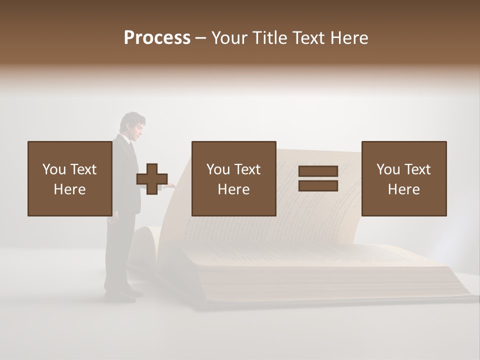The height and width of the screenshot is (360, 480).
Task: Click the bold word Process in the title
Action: coord(157,37)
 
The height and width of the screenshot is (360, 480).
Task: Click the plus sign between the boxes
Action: coord(152,179)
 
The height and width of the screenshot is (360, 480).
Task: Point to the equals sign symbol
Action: coord(318,178)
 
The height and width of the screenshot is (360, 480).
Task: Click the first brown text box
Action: coord(69,178)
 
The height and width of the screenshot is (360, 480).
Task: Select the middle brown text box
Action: coord(233,178)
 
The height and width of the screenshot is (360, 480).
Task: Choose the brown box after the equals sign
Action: coord(403,178)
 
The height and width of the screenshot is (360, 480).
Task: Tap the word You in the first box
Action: coord(53,169)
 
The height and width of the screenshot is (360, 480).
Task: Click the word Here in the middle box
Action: coord(233,189)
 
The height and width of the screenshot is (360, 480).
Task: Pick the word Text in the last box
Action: coord(417,169)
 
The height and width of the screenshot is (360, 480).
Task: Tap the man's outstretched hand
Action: coord(170,185)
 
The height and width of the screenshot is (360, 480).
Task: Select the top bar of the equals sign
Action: coord(318,171)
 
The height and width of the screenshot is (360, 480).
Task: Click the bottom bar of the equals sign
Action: coord(318,185)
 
